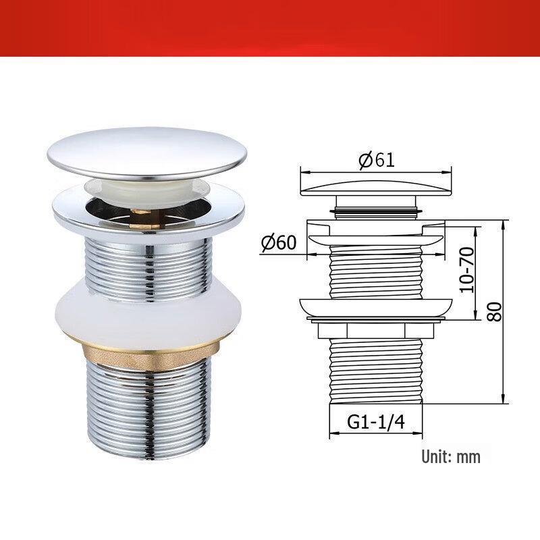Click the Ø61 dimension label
(376, 160)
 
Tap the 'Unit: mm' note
(451, 456)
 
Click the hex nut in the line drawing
(375, 329)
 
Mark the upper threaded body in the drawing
(375, 270)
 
